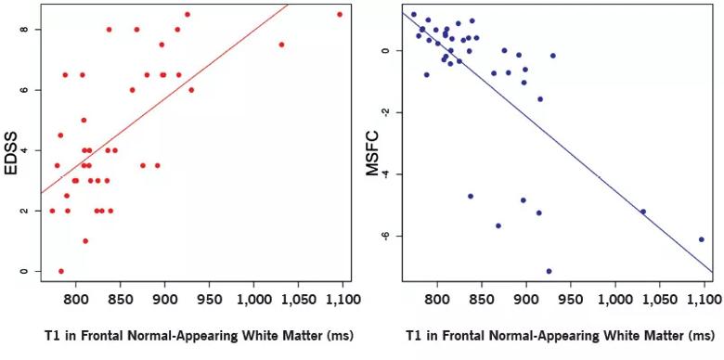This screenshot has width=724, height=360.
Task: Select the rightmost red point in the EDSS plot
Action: (340, 15)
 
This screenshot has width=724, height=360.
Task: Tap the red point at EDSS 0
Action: (61, 271)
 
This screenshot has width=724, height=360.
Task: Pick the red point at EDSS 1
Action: (85, 241)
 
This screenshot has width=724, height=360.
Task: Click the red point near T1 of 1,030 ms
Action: (281, 45)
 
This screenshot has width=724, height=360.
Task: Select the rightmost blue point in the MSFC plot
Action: (702, 239)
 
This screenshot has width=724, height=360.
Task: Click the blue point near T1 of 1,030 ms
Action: (643, 212)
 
